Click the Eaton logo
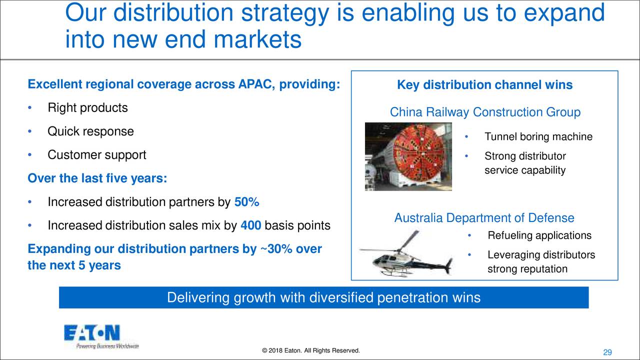[x=101, y=336]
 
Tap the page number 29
[x=607, y=352]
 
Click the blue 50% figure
[x=246, y=202]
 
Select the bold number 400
[x=251, y=225]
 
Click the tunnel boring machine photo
[x=408, y=156]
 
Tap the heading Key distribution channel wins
[x=485, y=85]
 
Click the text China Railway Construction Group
[x=485, y=112]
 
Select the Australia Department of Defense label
[x=484, y=218]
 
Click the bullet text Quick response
[x=90, y=131]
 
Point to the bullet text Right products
[x=87, y=107]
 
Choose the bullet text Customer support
[x=97, y=155]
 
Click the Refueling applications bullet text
[x=539, y=235]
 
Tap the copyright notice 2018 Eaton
[x=311, y=350]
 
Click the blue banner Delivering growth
[x=323, y=297]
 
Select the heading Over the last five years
[x=97, y=178]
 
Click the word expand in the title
[x=564, y=13]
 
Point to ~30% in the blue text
[x=276, y=249]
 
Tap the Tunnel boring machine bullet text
[x=538, y=136]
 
